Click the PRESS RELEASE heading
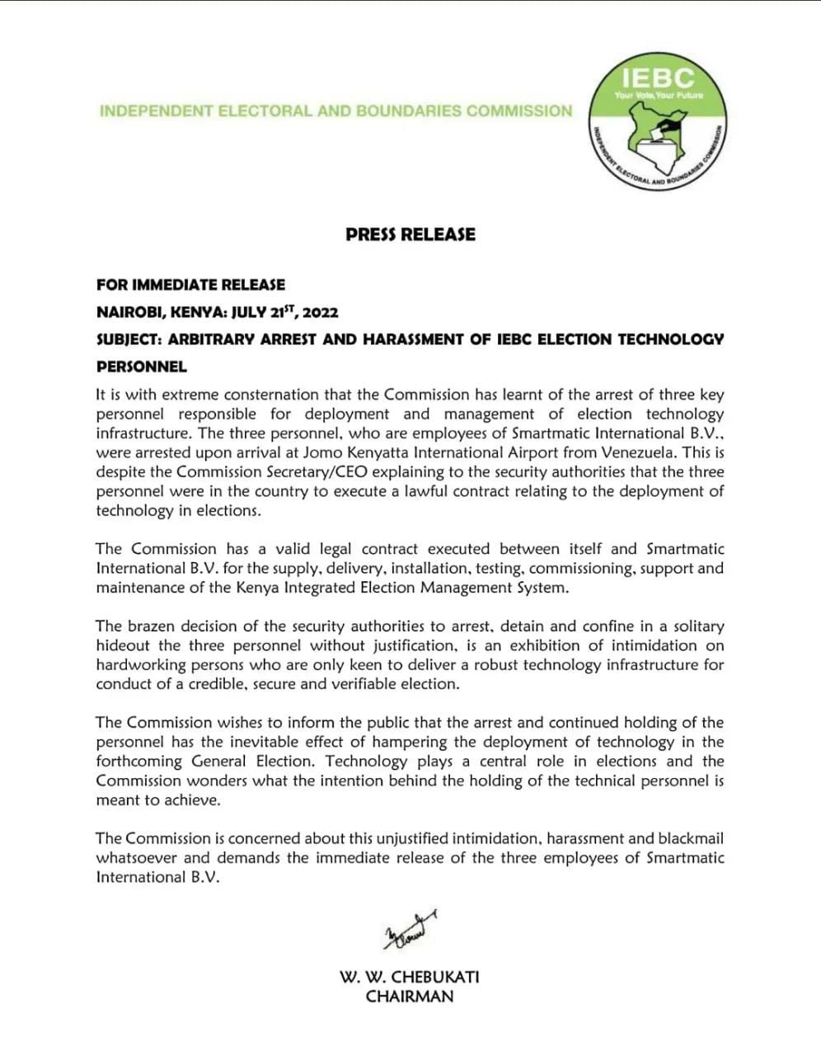(x=410, y=234)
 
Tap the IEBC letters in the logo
(x=657, y=78)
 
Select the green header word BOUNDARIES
(x=409, y=110)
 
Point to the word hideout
(x=124, y=645)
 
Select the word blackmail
(x=690, y=838)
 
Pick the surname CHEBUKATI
(x=434, y=977)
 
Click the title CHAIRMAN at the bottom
(x=410, y=996)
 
